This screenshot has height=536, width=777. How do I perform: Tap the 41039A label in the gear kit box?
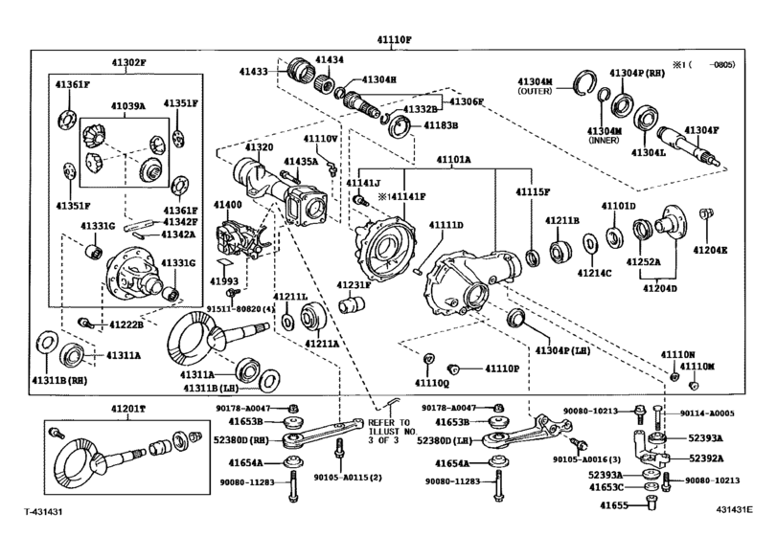pos(127,106)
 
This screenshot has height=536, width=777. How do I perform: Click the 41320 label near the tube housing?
pos(259,147)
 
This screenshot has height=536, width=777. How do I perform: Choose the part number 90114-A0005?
pos(707,414)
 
